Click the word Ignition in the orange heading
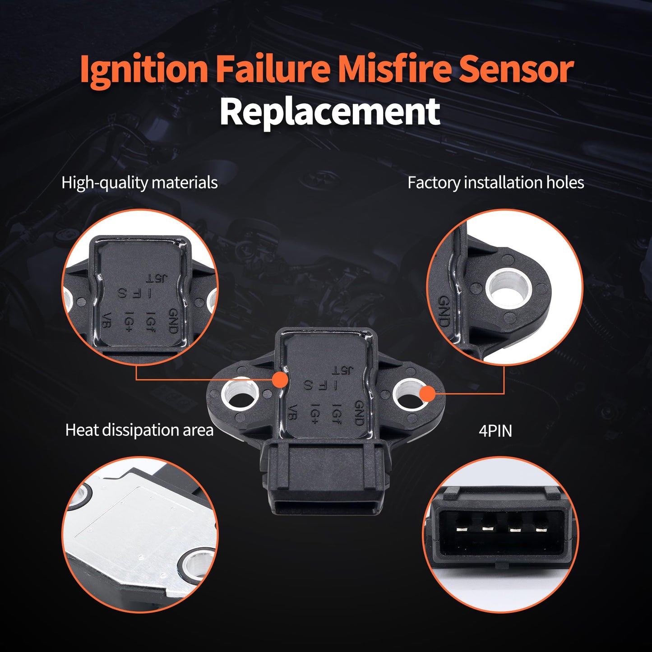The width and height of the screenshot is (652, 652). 143,69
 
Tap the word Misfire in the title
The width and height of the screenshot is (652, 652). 394,69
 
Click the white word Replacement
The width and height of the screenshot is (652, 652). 329,112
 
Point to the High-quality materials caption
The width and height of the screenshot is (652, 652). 139,183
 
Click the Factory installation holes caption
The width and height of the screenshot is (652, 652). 495,183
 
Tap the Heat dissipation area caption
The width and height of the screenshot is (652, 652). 139,430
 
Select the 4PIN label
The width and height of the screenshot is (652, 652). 495,431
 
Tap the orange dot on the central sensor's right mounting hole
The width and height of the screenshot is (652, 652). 427,394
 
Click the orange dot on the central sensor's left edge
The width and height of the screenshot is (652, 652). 281,379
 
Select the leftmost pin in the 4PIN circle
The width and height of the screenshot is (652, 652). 462,529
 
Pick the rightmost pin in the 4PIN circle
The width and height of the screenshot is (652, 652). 541,529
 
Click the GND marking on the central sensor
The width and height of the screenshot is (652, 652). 359,413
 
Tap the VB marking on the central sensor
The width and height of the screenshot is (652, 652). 292,412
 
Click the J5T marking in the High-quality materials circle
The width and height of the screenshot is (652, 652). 156,278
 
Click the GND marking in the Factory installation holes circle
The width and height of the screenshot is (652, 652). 444,311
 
